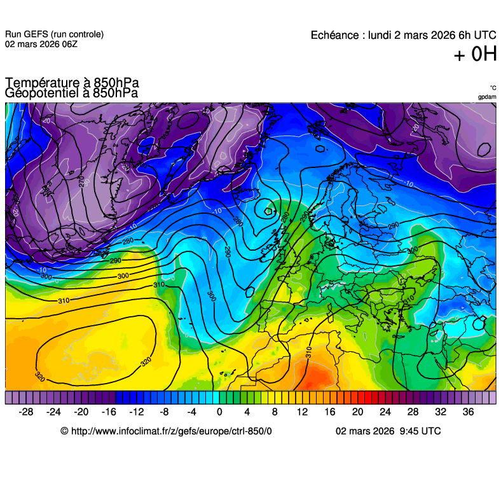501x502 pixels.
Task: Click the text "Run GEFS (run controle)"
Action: (x=54, y=34)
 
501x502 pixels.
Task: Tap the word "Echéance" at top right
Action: (x=335, y=35)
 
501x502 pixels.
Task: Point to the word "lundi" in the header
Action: (x=380, y=35)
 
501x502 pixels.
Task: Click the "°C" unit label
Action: (x=493, y=88)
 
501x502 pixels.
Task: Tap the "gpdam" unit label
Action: (x=487, y=97)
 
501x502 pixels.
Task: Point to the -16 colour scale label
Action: (x=108, y=412)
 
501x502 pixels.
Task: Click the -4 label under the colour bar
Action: (x=191, y=412)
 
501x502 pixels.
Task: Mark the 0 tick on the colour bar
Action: (x=219, y=412)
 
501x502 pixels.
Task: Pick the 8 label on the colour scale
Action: (x=275, y=412)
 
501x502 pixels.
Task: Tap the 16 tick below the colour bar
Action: (x=330, y=412)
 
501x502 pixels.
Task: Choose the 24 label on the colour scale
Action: (x=385, y=412)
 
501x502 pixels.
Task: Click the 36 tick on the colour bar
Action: (x=468, y=412)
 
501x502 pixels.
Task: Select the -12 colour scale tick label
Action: (x=136, y=412)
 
